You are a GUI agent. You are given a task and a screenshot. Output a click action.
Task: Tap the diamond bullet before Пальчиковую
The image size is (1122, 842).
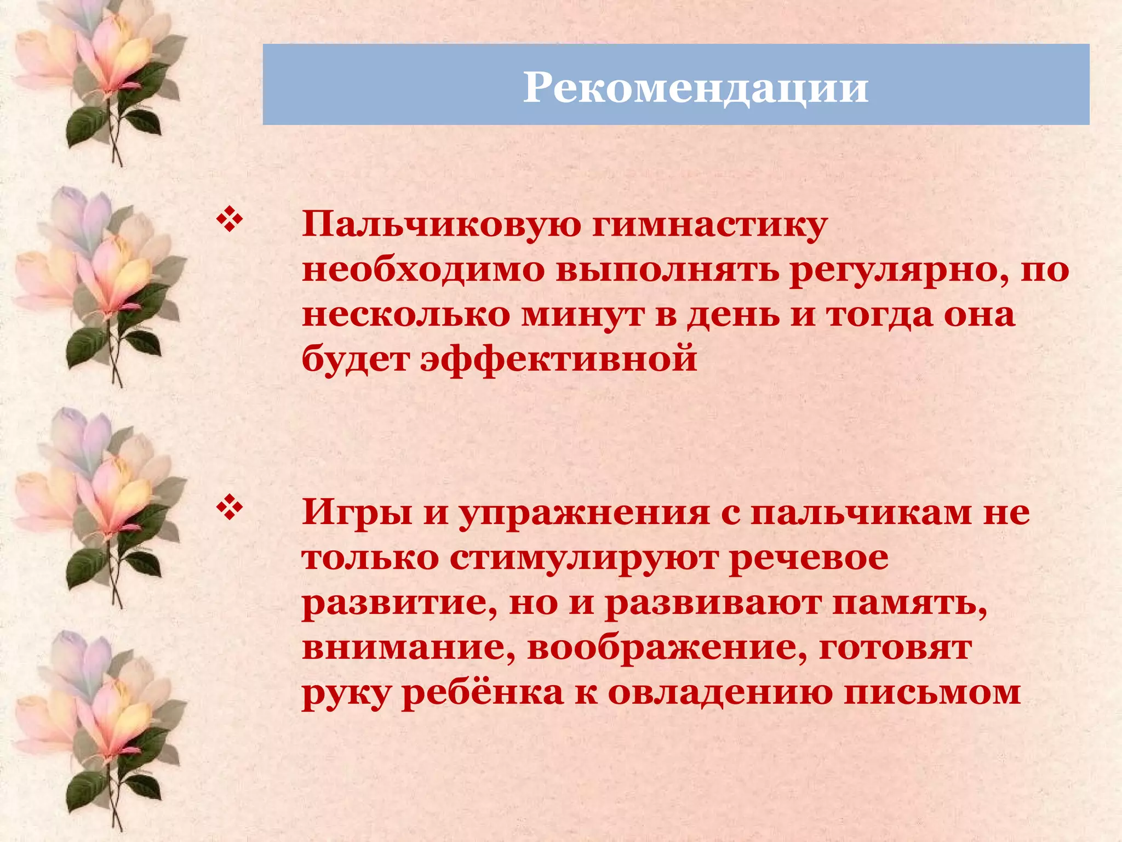(x=230, y=220)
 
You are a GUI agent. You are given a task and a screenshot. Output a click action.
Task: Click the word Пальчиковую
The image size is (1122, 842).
(x=441, y=225)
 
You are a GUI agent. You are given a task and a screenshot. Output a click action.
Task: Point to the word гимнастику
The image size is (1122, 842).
(x=709, y=225)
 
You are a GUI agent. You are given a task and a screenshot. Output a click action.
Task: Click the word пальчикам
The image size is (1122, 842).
(x=860, y=513)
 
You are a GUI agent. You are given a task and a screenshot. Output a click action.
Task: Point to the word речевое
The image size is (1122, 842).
(x=809, y=559)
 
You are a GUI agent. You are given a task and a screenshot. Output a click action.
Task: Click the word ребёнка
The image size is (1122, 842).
(x=483, y=692)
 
